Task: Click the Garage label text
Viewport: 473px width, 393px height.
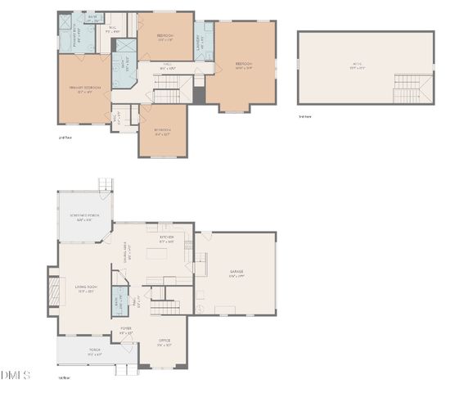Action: pos(236,273)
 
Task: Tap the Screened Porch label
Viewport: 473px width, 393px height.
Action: pos(84,218)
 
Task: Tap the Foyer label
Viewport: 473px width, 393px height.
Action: pos(126,331)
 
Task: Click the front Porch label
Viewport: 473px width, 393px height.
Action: pos(94,353)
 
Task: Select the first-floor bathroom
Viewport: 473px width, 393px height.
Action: pos(119,300)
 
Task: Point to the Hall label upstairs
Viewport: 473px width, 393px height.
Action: pos(166,66)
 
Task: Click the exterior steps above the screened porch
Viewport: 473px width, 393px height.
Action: pos(104,185)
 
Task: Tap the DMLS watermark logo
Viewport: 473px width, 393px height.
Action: pos(15,374)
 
